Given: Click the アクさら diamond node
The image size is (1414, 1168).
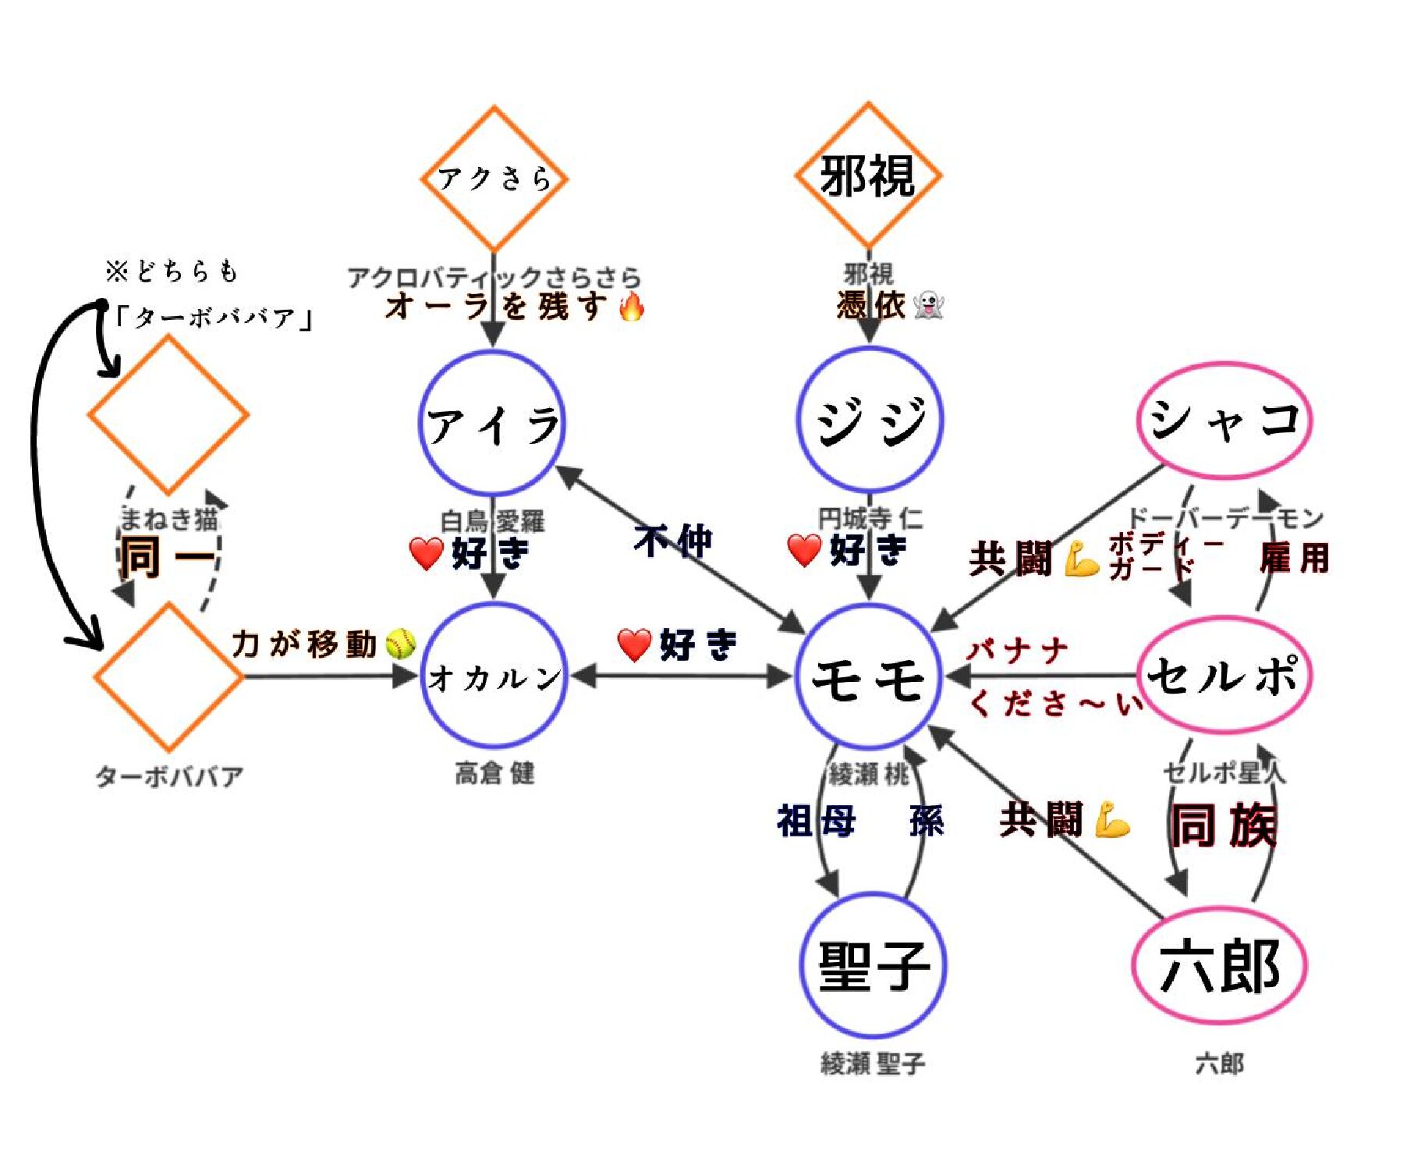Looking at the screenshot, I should [494, 178].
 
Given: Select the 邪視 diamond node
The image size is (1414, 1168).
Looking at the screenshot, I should [867, 175].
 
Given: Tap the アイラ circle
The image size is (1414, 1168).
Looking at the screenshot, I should [492, 424].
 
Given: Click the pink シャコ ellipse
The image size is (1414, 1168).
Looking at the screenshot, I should [1224, 419].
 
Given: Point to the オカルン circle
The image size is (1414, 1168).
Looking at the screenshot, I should [494, 676].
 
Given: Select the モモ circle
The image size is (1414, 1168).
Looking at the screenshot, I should [869, 676].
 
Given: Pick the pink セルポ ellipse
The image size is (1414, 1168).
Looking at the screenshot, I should [1223, 674].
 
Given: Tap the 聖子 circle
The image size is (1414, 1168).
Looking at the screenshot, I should [873, 964].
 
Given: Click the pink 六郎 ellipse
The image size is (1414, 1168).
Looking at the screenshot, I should [1219, 964].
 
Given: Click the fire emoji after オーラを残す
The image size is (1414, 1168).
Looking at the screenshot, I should [632, 306].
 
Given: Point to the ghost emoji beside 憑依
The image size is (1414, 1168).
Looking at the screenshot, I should [928, 304].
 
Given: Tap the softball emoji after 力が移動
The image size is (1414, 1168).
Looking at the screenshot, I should [401, 644].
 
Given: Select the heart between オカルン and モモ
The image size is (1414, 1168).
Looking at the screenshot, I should [634, 644].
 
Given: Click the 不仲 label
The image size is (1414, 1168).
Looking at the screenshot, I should [673, 541].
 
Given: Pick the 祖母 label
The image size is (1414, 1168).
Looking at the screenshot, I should [816, 821].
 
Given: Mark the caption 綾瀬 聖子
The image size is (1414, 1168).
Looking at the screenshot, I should [873, 1063].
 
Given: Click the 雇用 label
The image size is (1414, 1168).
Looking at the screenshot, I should [1294, 558].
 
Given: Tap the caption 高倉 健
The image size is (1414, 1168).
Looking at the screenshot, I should [494, 773].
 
